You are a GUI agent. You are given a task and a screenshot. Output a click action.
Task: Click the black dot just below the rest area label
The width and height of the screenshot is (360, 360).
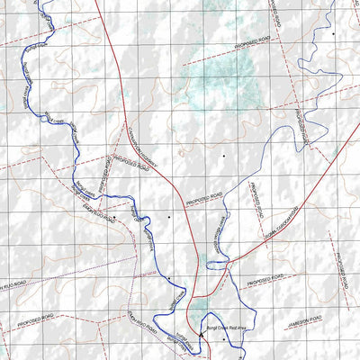(x=224, y=340)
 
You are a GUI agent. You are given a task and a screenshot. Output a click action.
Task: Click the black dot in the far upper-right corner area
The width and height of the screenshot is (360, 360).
(x=332, y=33)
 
